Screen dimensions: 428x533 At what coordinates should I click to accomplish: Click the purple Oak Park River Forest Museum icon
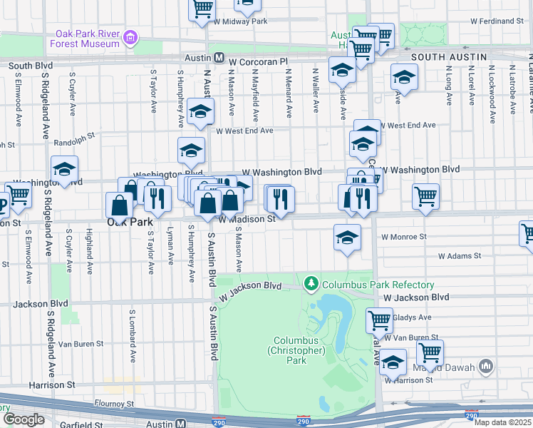click(130, 36)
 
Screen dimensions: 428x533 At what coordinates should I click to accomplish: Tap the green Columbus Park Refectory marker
click(311, 285)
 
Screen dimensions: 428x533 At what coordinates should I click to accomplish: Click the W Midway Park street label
click(242, 21)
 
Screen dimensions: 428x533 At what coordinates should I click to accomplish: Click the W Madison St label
click(247, 220)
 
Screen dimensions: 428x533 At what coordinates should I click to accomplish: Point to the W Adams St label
click(460, 255)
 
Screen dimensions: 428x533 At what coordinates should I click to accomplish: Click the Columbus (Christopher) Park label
click(297, 350)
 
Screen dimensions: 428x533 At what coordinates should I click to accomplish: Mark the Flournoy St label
click(114, 404)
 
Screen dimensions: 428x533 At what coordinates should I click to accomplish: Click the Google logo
click(23, 419)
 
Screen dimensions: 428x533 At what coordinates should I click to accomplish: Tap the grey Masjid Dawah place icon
click(486, 366)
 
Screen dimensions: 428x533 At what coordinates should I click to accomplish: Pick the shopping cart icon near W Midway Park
click(202, 9)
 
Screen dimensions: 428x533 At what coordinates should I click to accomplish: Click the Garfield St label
click(81, 425)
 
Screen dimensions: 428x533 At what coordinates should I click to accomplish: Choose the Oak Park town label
click(130, 222)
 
